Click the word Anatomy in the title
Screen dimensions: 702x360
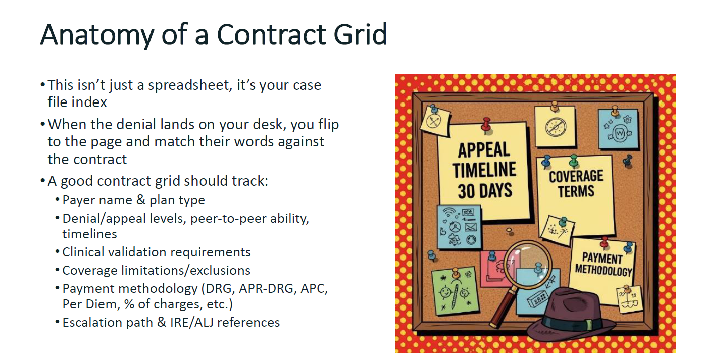(97, 35)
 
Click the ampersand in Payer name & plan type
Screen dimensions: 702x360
(141, 200)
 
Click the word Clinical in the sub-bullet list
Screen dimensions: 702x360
(83, 252)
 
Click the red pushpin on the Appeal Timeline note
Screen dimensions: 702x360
(486, 125)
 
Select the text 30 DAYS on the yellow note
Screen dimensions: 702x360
(485, 191)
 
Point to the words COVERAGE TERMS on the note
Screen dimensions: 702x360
(576, 184)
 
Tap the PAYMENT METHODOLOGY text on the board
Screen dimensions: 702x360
(603, 265)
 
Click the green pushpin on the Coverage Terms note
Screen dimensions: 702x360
(574, 161)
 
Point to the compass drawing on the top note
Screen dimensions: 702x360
(555, 127)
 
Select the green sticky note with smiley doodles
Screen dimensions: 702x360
(455, 291)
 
